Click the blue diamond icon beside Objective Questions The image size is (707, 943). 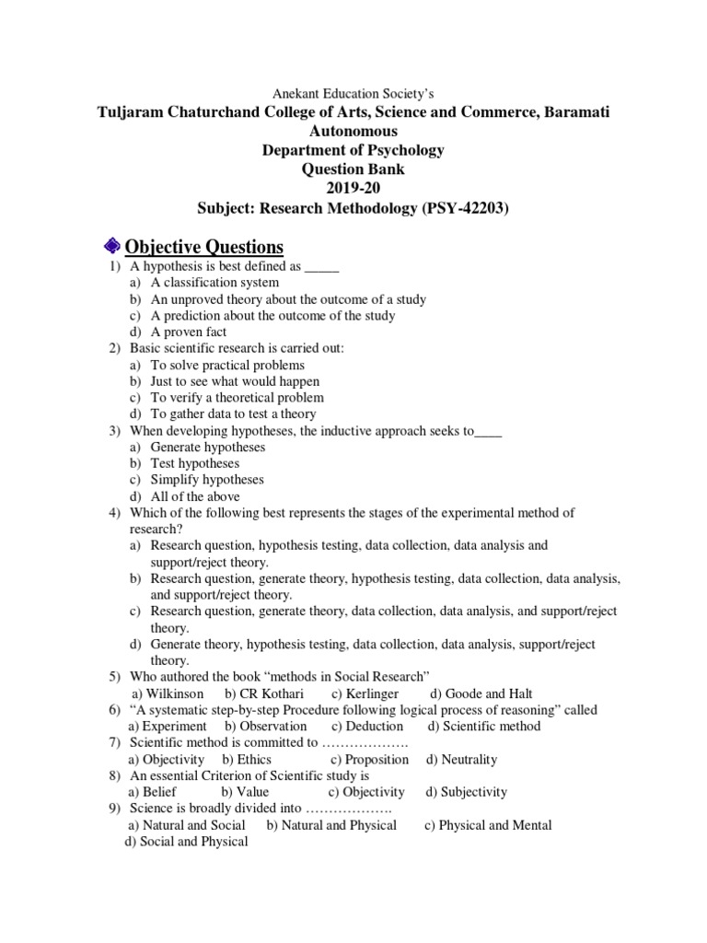(x=110, y=245)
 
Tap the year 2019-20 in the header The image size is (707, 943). (x=353, y=188)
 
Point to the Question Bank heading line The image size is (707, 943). (x=353, y=169)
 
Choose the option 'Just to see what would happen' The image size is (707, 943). (x=235, y=381)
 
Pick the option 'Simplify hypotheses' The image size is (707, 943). (x=207, y=480)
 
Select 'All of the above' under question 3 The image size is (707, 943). (x=195, y=496)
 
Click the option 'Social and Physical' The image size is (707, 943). (x=186, y=842)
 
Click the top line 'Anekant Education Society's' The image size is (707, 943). (x=353, y=93)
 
